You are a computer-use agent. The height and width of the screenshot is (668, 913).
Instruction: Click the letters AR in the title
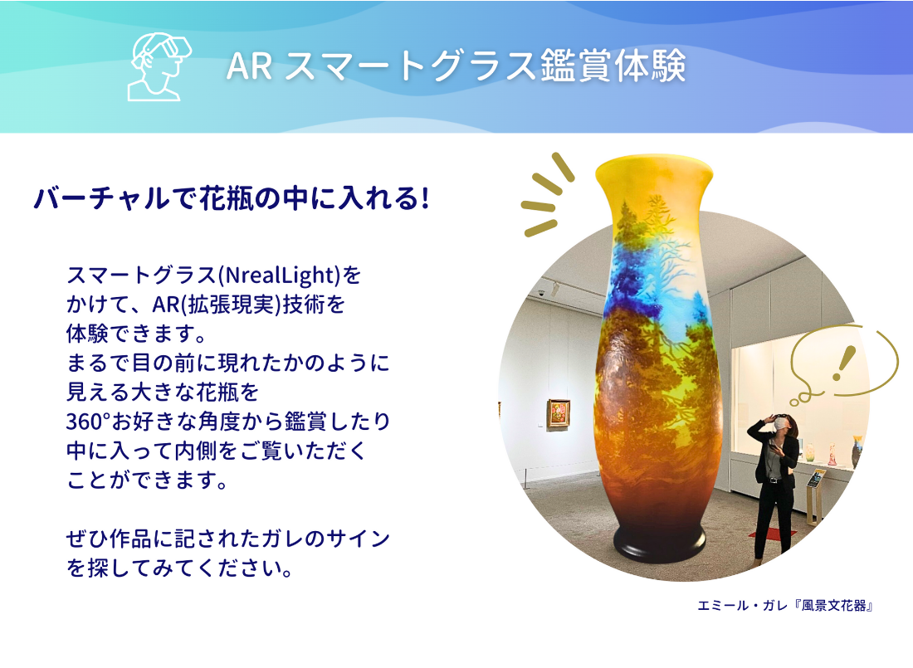(x=250, y=66)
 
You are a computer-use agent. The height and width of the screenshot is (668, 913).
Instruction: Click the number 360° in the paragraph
(x=89, y=421)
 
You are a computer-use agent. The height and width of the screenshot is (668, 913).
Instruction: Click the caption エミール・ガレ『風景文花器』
(x=785, y=606)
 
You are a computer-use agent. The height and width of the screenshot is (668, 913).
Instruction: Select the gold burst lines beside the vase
(x=547, y=194)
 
